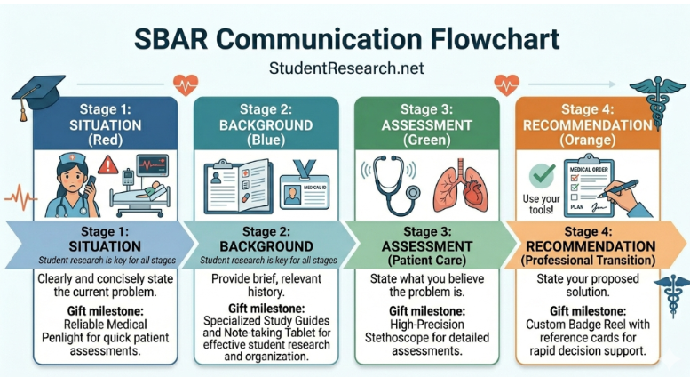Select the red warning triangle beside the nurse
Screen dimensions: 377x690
107,165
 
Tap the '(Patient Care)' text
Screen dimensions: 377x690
431,261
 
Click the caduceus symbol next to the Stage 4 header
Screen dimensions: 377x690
660,94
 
